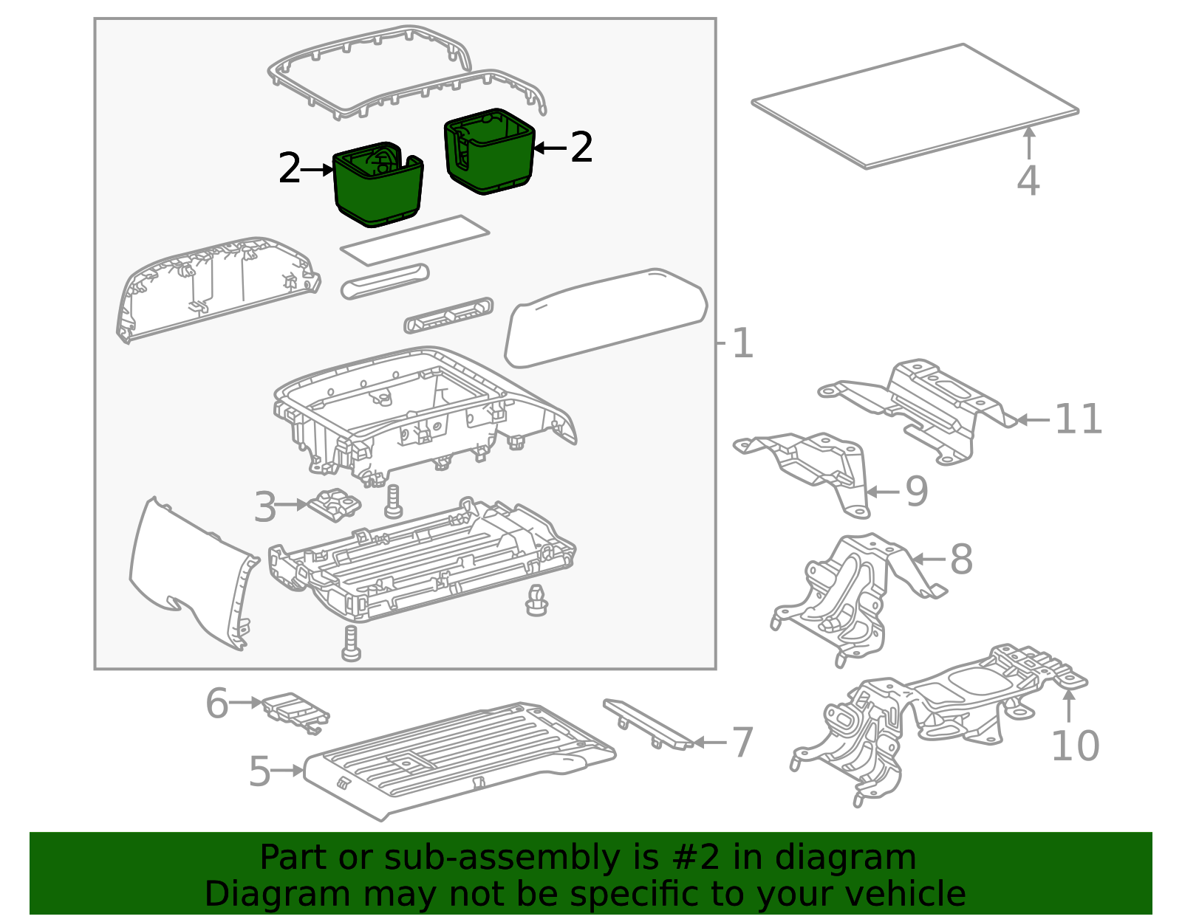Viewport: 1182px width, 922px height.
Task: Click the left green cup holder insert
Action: coord(378,185)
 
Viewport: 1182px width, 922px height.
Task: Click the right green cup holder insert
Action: coord(490,151)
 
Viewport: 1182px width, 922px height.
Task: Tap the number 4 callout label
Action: coord(1028,180)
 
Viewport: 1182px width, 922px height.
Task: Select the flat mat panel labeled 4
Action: coord(915,106)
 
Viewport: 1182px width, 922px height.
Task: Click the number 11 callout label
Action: coord(1078,419)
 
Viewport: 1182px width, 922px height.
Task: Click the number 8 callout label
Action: coord(961,559)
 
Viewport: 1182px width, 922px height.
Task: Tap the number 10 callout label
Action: coord(1076,746)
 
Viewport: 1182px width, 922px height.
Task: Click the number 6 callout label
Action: coord(216,703)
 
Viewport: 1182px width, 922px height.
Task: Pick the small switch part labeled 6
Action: coord(296,712)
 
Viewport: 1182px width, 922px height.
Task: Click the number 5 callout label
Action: coord(259,771)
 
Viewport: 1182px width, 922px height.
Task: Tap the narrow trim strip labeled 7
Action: coord(649,724)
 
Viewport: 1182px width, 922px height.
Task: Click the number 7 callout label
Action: coord(742,743)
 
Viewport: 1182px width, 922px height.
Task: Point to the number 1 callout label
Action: coord(742,343)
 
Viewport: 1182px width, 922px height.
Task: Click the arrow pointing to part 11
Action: coord(1033,420)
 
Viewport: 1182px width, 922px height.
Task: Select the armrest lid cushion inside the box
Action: coord(606,318)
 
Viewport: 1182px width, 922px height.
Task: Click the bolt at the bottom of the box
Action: coord(351,643)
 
